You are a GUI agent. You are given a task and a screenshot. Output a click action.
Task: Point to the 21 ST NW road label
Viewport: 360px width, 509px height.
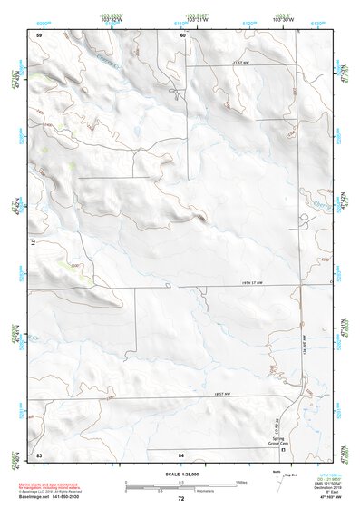coord(239,61)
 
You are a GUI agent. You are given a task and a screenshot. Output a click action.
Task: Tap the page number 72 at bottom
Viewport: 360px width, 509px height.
coord(180,499)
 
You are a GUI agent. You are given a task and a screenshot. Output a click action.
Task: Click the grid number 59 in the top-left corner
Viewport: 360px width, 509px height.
coord(39,35)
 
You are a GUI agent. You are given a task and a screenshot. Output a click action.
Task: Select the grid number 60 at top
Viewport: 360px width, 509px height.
coord(182,35)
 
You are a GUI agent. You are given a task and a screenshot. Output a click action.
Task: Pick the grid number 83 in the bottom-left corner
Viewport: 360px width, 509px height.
coord(39,453)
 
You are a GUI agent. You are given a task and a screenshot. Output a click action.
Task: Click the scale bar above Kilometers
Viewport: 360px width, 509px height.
coord(180,487)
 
